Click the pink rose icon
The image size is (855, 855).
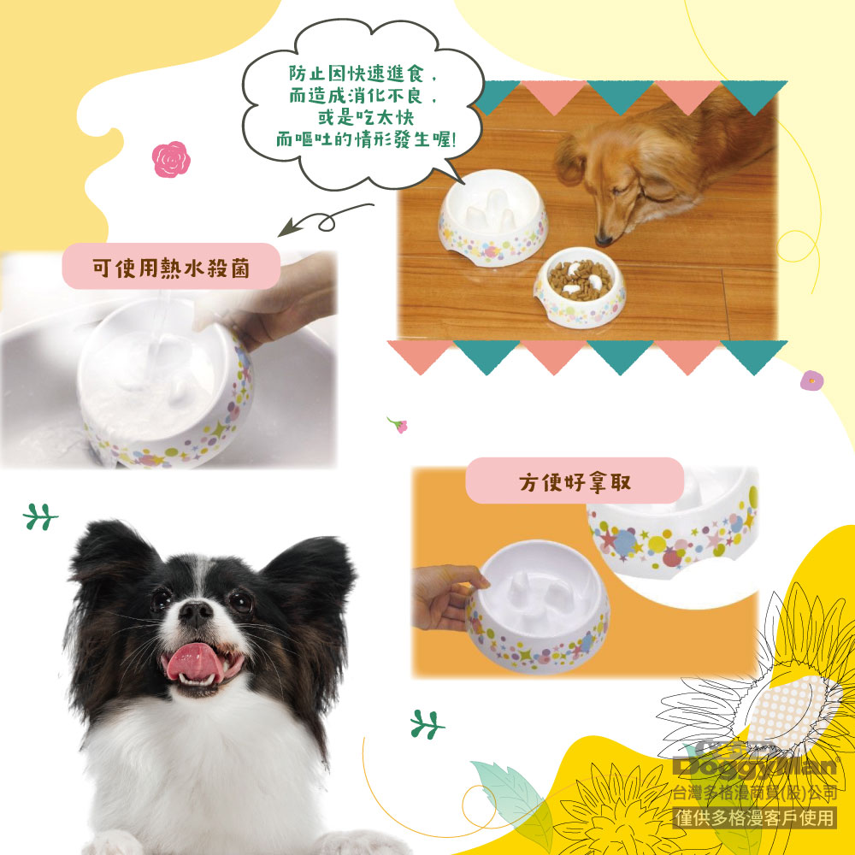[x=171, y=159]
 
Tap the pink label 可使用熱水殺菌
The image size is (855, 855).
[x=171, y=266]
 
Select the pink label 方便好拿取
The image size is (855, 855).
[x=575, y=481]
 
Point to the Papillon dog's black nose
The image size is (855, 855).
[x=195, y=612]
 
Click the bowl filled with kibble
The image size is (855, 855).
[x=580, y=286]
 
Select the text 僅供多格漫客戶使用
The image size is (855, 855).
[x=755, y=818]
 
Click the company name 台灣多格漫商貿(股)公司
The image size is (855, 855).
[x=755, y=793]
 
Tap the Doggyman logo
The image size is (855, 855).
[x=756, y=762]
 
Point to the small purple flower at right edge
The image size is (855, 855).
[x=811, y=380]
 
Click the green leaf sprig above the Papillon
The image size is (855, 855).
[x=40, y=517]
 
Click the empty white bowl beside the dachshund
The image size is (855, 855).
[x=493, y=217]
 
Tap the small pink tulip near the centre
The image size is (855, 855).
[x=398, y=424]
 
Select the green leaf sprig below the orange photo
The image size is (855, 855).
[x=427, y=725]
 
